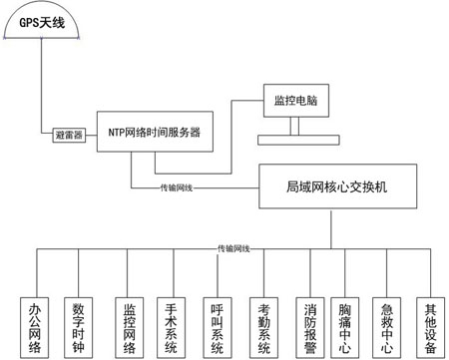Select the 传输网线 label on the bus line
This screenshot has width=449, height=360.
(x=233, y=247)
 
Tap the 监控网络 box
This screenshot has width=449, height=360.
(x=127, y=323)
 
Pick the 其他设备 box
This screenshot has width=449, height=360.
(x=430, y=323)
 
